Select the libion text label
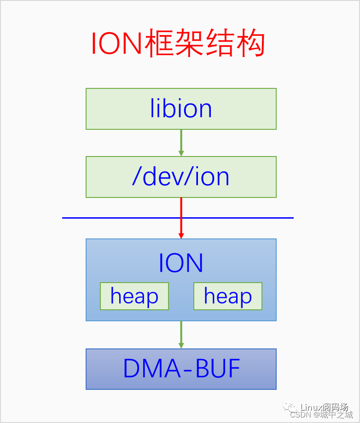point(181,109)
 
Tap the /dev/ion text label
point(181,177)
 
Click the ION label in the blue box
point(181,263)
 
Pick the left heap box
point(134,296)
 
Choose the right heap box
point(228,296)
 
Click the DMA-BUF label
point(181,369)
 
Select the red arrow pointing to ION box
point(181,216)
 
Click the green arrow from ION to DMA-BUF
point(181,334)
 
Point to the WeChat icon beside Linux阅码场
point(290,407)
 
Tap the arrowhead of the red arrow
point(181,235)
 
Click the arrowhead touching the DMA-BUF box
point(181,345)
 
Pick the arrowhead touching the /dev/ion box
point(181,153)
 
